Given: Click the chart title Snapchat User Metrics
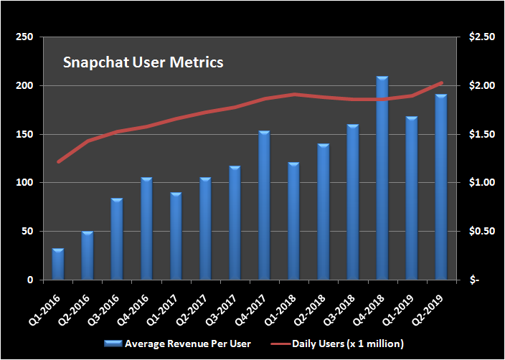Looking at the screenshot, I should click(143, 62).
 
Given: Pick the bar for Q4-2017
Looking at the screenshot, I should click(264, 205).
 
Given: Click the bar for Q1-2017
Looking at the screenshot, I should click(176, 236).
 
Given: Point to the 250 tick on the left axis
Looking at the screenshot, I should click(24, 37).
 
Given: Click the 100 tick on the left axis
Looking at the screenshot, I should click(24, 183).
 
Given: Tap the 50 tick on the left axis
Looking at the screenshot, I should click(27, 232).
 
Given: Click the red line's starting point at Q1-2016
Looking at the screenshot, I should click(58, 162).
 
